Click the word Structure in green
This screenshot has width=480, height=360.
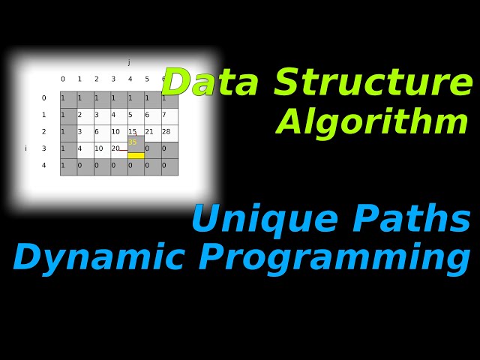[373, 83]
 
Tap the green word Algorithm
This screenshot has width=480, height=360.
[373, 122]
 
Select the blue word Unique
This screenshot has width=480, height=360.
[265, 220]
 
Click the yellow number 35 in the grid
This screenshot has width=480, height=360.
[133, 142]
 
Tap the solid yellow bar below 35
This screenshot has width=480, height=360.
[136, 155]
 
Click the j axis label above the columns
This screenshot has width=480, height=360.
[129, 63]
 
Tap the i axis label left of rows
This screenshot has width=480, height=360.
[25, 148]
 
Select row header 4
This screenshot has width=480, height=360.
[43, 166]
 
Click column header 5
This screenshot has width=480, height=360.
[147, 79]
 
